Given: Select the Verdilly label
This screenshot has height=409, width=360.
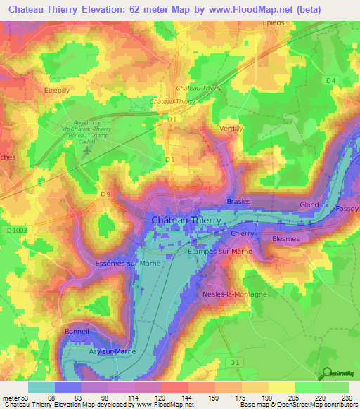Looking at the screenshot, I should pyautogui.click(x=231, y=129).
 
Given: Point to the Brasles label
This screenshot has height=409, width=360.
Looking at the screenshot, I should pyautogui.click(x=238, y=202).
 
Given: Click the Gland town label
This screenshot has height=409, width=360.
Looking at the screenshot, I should pyautogui.click(x=309, y=204).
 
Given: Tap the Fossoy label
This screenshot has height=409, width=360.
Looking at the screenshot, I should pyautogui.click(x=347, y=209).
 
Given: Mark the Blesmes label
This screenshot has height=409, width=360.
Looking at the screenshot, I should pyautogui.click(x=285, y=239).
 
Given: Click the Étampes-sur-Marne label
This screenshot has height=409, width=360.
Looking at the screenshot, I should pyautogui.click(x=220, y=251).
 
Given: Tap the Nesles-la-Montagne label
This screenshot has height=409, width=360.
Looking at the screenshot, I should pyautogui.click(x=234, y=294).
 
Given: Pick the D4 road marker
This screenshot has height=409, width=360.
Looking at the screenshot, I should pyautogui.click(x=330, y=82).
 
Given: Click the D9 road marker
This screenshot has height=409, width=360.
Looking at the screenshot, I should pyautogui.click(x=105, y=194).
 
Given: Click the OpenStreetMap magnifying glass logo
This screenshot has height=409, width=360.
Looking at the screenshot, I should pyautogui.click(x=326, y=374).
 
